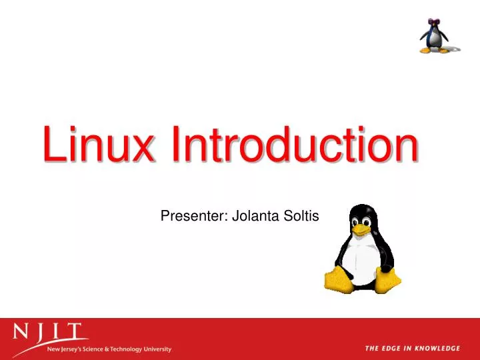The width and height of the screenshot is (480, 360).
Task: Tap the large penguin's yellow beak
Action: [361, 229]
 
